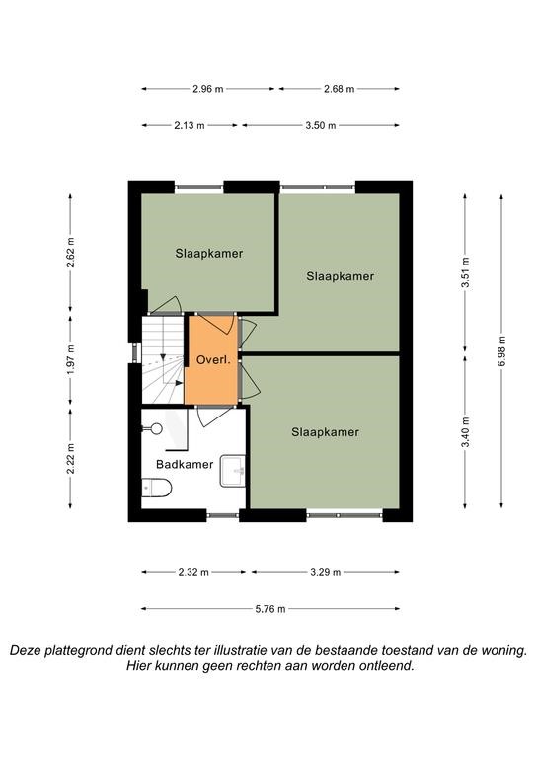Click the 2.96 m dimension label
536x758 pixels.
tap(208, 89)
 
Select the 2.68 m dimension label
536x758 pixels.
tap(339, 89)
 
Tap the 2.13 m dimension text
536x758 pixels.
tap(190, 125)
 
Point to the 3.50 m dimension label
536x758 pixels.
tap(321, 125)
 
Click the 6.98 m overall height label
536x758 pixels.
tap(501, 351)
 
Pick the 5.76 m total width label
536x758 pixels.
tap(270, 609)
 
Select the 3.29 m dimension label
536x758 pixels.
tap(326, 572)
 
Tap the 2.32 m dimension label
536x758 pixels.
tap(193, 572)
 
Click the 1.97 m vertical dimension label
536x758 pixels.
tap(70, 358)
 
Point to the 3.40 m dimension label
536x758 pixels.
tap(466, 431)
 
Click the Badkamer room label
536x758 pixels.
tap(185, 465)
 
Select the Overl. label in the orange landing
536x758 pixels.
tap(212, 360)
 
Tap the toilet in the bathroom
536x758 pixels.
tap(157, 488)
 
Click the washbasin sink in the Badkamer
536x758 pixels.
tap(233, 471)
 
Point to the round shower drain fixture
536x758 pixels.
tap(156, 428)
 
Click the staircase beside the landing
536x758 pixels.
tap(163, 359)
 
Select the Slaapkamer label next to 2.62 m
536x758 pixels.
tap(209, 254)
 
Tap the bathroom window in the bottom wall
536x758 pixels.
tap(223, 515)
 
